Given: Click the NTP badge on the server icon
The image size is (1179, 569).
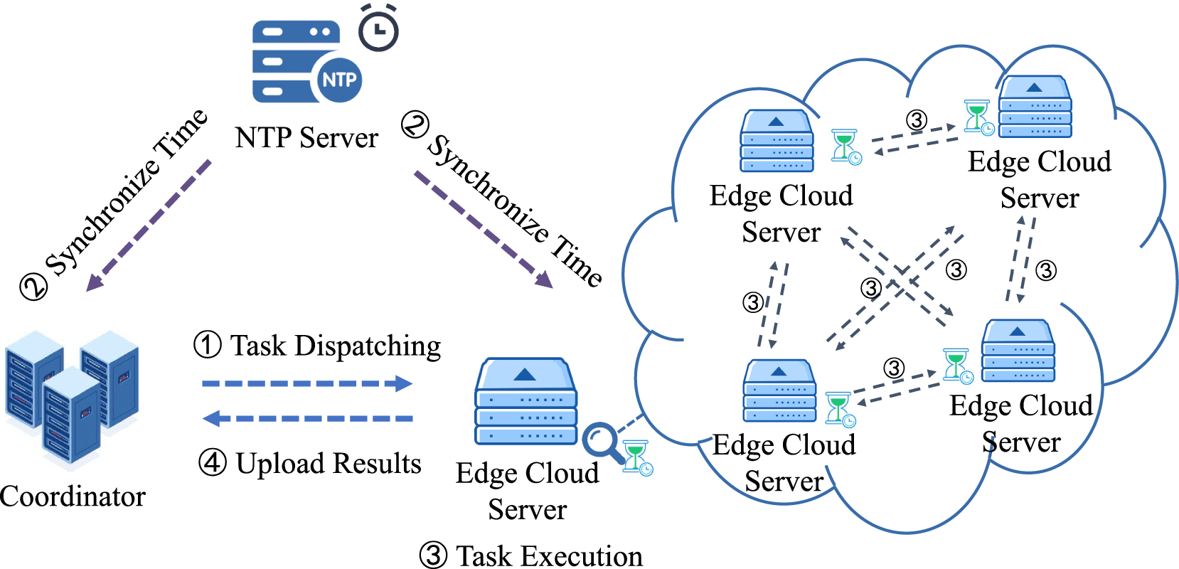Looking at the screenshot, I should [338, 79].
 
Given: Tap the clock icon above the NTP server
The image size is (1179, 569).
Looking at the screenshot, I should [378, 30].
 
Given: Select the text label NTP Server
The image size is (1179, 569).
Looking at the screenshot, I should [306, 137].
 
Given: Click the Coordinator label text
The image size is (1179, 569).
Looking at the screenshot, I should [73, 496].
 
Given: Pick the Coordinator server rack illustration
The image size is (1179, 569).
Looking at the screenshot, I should [71, 398].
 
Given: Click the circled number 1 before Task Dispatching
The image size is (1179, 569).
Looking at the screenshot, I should [207, 345].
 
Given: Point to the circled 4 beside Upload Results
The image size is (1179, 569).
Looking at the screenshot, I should [212, 463].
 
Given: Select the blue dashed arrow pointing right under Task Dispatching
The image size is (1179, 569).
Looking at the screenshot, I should [306, 384].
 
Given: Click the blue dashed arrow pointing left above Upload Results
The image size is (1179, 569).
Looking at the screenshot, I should [306, 418].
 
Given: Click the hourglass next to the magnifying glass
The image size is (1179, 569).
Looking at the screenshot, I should [636, 457].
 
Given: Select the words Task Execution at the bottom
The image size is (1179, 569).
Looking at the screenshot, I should [549, 556].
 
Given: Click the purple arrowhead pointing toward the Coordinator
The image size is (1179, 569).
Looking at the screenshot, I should [95, 282].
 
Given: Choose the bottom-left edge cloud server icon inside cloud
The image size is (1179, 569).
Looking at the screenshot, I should [779, 391].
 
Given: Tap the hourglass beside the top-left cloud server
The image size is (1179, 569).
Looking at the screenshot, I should [845, 147].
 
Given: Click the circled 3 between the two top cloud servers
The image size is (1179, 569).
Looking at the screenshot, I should [917, 120].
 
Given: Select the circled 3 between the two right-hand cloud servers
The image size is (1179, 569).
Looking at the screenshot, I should [1045, 270].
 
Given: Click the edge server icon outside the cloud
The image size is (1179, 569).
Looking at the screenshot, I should [526, 402].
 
